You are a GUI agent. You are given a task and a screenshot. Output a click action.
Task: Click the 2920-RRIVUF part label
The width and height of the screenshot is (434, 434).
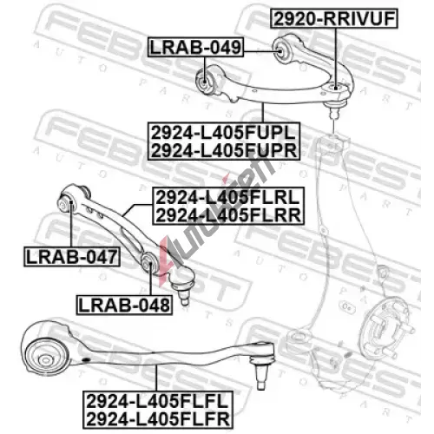coord(334,18)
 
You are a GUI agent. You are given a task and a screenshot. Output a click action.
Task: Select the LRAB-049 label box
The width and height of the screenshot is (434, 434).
coord(195,47)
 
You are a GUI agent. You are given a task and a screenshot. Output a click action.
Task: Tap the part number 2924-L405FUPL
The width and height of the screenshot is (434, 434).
coord(224,133)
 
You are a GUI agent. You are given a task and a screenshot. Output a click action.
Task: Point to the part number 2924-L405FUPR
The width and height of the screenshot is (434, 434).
coord(224,150)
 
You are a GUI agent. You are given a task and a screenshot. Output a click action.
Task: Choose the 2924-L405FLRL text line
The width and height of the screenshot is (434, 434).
coord(228,197)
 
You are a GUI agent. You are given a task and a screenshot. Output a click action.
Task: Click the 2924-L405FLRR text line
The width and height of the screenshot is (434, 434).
coord(228,215)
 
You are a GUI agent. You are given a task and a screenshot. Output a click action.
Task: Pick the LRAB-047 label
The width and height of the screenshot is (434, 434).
coord(72,257)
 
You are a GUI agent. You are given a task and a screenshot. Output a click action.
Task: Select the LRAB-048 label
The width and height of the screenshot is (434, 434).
coord(124,305)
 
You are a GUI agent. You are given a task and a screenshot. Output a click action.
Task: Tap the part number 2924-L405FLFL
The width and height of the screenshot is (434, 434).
coord(158,401)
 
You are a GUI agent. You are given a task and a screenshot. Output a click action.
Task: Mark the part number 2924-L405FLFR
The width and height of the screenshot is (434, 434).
coord(158,418)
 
